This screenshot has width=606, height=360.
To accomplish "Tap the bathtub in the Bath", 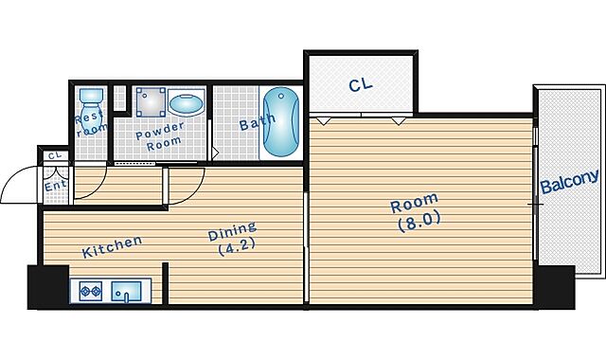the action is click(281, 122).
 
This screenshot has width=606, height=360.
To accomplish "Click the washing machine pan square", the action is click(151, 102).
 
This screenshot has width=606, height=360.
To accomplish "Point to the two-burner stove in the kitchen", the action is click(91, 291).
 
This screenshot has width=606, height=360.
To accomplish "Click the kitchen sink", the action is click(126, 292).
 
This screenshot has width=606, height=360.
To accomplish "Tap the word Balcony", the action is click(569, 181).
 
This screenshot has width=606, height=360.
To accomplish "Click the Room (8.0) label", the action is click(415, 212).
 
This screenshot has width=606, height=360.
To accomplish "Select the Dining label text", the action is click(232, 231).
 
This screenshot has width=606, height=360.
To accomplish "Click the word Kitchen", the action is click(112, 246).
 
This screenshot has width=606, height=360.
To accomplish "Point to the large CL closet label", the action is click(360, 84).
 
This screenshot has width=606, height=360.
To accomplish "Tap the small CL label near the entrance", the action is click(55, 155).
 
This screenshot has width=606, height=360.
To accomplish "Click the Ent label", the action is click(56, 186).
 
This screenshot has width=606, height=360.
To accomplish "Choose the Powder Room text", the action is click(160, 136).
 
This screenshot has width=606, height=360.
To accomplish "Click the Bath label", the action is click(258, 122).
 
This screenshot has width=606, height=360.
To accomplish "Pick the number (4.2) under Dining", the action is click(237, 247).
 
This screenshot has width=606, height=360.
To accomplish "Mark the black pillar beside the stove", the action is click(48, 287).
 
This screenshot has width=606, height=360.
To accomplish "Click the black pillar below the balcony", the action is click(555, 287).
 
